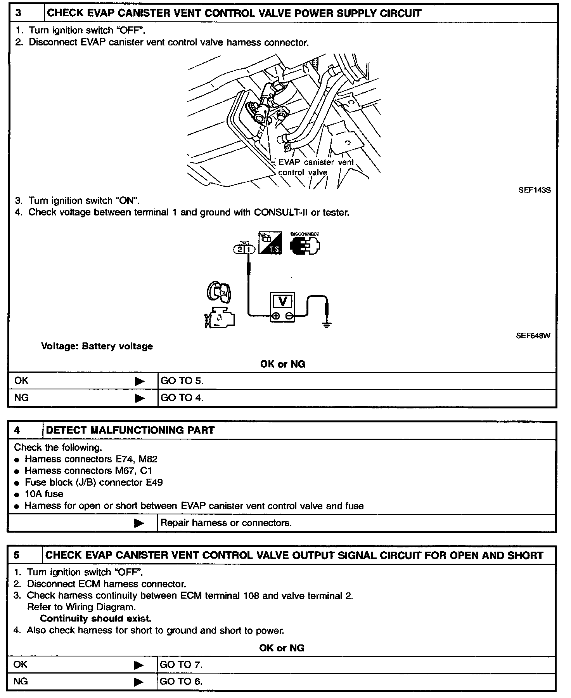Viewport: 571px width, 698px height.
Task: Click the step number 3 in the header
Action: click(x=19, y=13)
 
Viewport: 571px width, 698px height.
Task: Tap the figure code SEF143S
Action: click(x=534, y=191)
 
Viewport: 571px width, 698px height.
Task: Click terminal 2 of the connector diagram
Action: click(x=240, y=249)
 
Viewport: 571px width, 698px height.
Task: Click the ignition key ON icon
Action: click(x=219, y=292)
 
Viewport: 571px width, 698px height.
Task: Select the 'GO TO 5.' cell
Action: click(x=182, y=381)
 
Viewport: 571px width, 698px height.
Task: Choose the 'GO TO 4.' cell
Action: click(x=182, y=398)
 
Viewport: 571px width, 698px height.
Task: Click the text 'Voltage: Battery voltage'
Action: click(x=97, y=346)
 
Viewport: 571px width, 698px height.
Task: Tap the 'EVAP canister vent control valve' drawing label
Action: click(x=315, y=167)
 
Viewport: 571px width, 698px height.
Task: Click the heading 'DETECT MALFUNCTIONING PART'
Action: click(x=130, y=430)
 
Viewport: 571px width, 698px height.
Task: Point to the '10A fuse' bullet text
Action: click(x=44, y=494)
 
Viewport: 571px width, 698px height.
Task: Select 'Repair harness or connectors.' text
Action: click(x=226, y=523)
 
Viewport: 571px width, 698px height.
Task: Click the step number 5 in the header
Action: click(x=16, y=555)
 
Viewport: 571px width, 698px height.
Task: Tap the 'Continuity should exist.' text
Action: click(x=95, y=618)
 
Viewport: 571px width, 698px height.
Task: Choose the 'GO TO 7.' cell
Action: click(x=181, y=665)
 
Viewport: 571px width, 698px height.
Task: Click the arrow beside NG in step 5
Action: click(x=138, y=682)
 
